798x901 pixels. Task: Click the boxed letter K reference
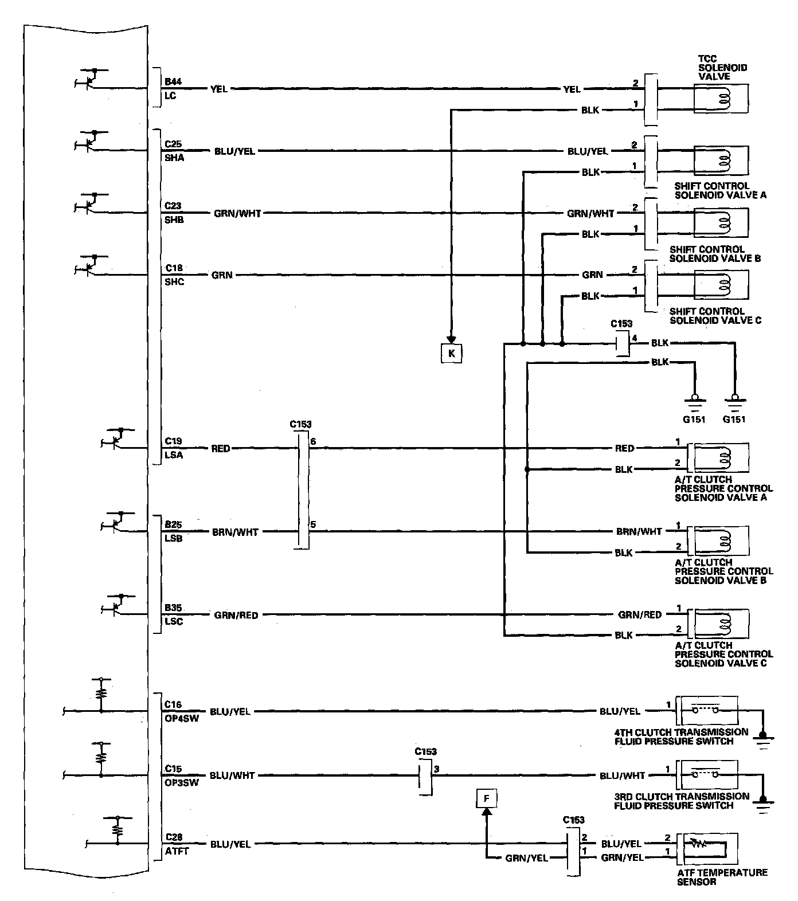[451, 354]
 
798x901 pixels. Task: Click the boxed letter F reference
[486, 798]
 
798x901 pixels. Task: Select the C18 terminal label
[174, 268]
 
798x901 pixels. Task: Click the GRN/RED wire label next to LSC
[236, 616]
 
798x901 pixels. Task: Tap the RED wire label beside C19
[221, 449]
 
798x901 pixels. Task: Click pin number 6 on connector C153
[313, 442]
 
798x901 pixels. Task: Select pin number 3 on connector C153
[437, 769]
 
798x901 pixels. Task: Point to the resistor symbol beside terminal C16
[102, 693]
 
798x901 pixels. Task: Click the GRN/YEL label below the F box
[526, 858]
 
